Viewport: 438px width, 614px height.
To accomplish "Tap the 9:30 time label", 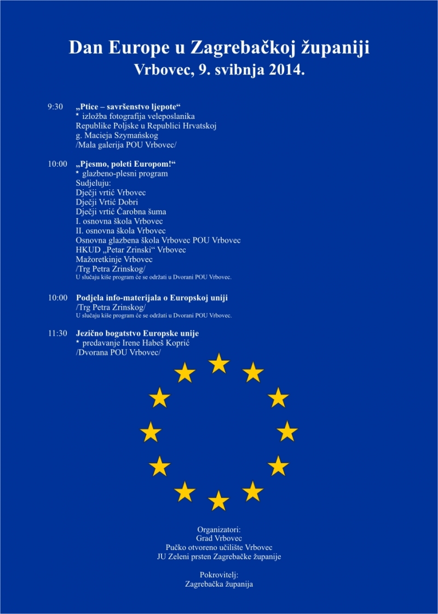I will pyautogui.click(x=55, y=107).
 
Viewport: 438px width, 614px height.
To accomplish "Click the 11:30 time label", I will pyautogui.click(x=57, y=333).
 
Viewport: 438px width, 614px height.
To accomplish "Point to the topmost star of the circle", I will pyautogui.click(x=219, y=363).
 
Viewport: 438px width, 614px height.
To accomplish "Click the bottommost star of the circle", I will pyautogui.click(x=219, y=501).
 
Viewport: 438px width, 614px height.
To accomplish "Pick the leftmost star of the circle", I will pyautogui.click(x=151, y=432).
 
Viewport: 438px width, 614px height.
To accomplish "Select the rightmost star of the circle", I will pyautogui.click(x=287, y=432).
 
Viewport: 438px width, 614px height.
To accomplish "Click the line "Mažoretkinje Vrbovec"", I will pyautogui.click(x=114, y=259).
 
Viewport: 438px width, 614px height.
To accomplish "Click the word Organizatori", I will pyautogui.click(x=219, y=530).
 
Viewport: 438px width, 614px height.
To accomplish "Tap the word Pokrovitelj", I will pyautogui.click(x=219, y=575).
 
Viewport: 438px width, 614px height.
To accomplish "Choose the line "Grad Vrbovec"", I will pyautogui.click(x=219, y=539).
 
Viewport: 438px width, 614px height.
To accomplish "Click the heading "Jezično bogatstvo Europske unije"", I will pyautogui.click(x=137, y=333).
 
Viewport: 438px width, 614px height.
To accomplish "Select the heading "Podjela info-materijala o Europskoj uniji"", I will pyautogui.click(x=152, y=298).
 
